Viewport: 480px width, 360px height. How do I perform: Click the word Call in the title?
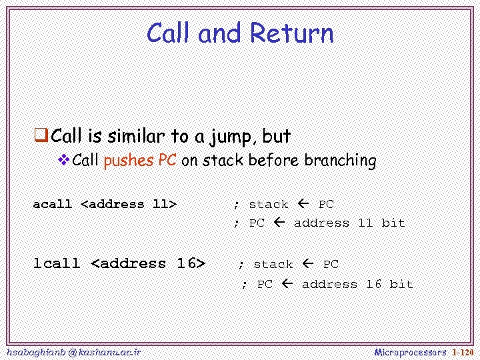(170, 33)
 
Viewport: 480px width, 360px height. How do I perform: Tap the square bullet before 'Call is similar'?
(41, 137)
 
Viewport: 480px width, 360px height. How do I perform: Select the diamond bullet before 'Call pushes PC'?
(65, 160)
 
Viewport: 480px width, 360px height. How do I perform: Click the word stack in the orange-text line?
(223, 161)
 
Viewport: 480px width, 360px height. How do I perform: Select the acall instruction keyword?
(53, 204)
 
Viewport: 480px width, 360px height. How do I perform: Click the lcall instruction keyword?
(57, 263)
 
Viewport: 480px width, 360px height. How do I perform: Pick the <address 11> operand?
(129, 204)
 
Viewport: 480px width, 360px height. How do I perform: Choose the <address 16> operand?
(148, 263)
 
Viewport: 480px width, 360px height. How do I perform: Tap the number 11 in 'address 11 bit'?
(365, 223)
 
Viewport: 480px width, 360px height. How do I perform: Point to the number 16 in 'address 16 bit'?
(373, 284)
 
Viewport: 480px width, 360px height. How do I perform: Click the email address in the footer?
(72, 351)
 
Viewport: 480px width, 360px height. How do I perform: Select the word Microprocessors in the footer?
(410, 351)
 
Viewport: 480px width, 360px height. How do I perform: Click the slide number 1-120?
(463, 351)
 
